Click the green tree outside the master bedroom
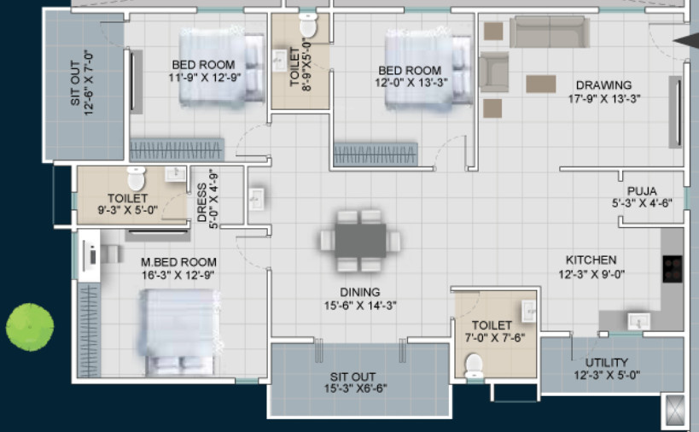(x=30, y=326)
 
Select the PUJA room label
(x=641, y=190)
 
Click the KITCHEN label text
(x=590, y=260)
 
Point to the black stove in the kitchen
(x=673, y=268)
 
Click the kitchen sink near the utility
(x=637, y=321)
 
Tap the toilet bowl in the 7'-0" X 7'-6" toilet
(x=474, y=365)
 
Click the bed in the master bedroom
(x=181, y=331)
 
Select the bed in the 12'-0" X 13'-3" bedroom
(x=428, y=70)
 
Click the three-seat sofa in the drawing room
(x=548, y=32)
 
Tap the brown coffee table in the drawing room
(x=540, y=84)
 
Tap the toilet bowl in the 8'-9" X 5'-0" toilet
(x=308, y=27)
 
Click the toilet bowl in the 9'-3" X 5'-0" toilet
(x=136, y=178)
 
